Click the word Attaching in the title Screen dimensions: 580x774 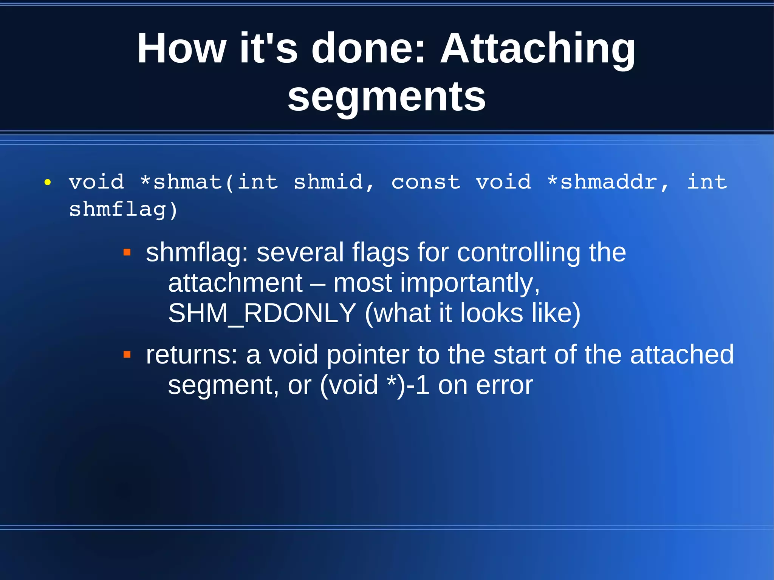(x=538, y=49)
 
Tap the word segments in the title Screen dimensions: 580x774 (x=386, y=97)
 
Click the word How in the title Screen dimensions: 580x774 (x=181, y=49)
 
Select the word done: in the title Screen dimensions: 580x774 (x=369, y=49)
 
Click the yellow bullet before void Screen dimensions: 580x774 (x=48, y=183)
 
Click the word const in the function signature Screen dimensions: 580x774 (x=426, y=182)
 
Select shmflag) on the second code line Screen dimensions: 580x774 (x=123, y=210)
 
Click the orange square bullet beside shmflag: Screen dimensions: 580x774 (x=127, y=252)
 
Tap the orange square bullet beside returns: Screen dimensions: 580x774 (x=127, y=354)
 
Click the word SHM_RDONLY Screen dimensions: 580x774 (x=262, y=313)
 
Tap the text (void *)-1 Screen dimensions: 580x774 (x=375, y=385)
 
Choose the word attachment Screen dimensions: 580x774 (x=235, y=283)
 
